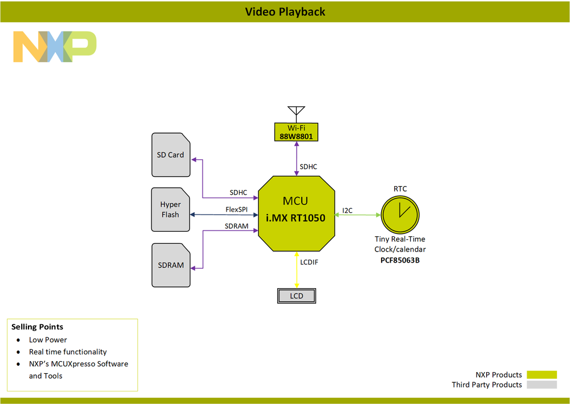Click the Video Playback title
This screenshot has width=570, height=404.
(285, 11)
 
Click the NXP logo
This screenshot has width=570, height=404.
(55, 47)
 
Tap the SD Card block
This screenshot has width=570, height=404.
(171, 155)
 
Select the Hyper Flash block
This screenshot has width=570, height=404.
(170, 209)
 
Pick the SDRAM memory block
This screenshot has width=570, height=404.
(171, 265)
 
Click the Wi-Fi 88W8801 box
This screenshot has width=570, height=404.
(296, 132)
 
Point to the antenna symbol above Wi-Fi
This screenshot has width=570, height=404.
(296, 113)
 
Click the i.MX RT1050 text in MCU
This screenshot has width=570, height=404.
(296, 217)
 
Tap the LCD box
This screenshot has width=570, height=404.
(296, 296)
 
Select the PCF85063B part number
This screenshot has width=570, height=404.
(400, 260)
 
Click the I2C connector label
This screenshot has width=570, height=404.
(347, 211)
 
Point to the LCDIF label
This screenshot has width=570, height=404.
(309, 262)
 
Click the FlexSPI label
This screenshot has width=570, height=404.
(236, 209)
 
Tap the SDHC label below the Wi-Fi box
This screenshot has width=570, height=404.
(309, 167)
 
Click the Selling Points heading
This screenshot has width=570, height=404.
(37, 327)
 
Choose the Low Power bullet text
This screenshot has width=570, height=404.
(48, 340)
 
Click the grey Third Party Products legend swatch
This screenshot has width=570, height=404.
(541, 385)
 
